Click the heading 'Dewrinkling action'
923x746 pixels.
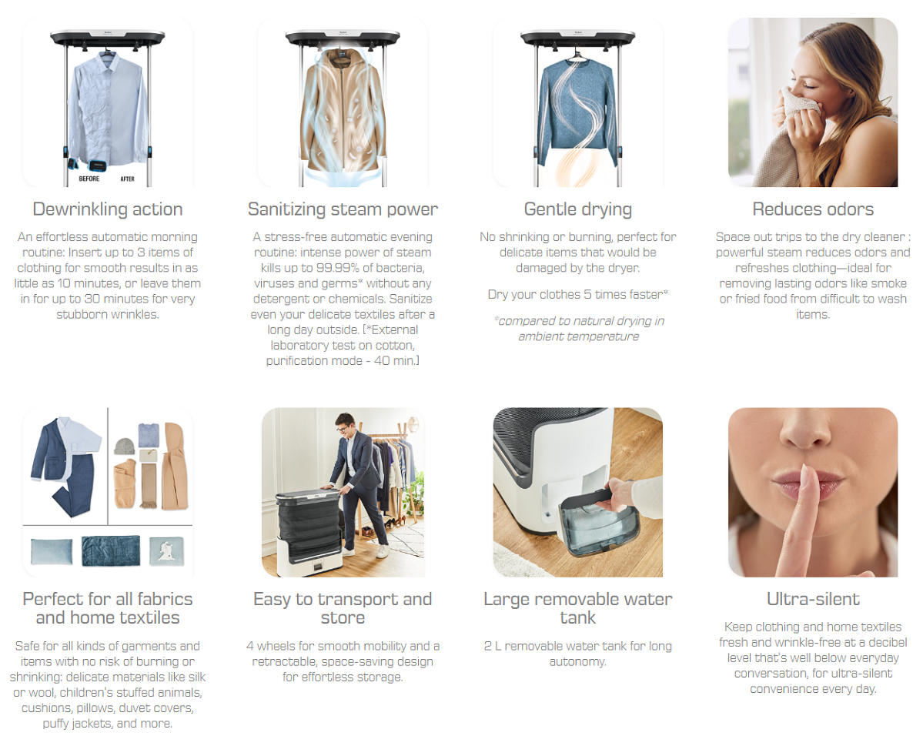pos(108,209)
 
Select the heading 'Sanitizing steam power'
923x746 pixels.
pos(343,209)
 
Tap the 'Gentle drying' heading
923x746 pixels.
pos(578,209)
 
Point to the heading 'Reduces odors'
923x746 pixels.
pos(813,209)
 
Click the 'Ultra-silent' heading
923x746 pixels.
pos(813,599)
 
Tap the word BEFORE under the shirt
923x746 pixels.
pos(89,179)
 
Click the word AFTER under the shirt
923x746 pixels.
pos(127,179)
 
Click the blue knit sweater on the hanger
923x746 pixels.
pos(578,112)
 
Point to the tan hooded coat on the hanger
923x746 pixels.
pos(343,111)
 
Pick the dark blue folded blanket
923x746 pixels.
pos(111,550)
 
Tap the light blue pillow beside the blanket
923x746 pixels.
pos(52,551)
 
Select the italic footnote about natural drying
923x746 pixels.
pos(579,329)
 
